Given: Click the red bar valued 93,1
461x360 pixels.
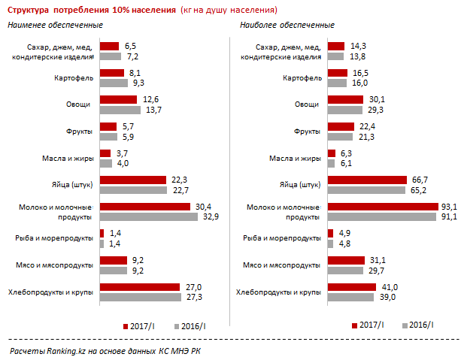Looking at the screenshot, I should [383, 207].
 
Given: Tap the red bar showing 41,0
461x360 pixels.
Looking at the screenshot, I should [352, 287].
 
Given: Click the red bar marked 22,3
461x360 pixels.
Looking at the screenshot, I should [132, 180].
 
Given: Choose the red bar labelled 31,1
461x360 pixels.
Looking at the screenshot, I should [345, 260].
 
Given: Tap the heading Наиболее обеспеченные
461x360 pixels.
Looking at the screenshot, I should [287, 26].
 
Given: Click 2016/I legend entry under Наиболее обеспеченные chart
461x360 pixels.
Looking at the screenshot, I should [421, 325].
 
